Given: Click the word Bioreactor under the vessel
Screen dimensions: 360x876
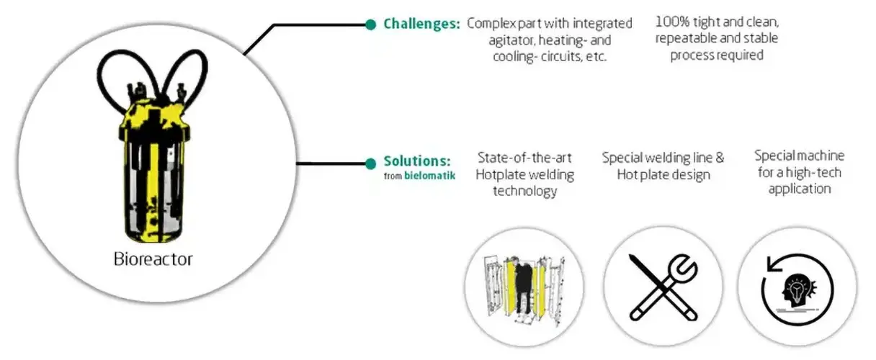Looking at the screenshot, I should point(153,259).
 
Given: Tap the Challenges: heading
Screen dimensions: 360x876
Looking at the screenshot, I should point(421,24).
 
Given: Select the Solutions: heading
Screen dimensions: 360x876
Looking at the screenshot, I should point(417,161).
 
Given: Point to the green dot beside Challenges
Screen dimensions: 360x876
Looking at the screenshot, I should point(370,24).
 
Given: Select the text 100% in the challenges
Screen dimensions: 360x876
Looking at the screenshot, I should point(671,22).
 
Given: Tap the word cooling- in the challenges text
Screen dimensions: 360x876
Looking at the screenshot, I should point(517,56).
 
